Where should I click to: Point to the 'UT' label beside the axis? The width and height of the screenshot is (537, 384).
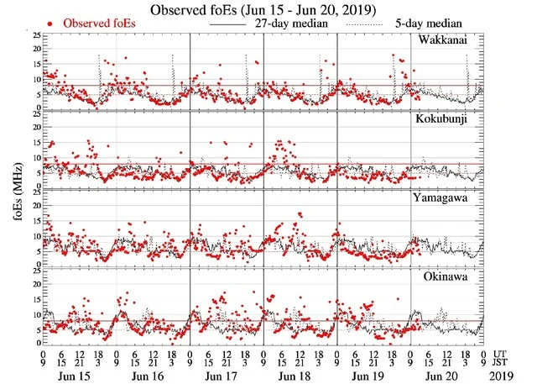500,354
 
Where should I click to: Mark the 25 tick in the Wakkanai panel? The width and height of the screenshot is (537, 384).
34,36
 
